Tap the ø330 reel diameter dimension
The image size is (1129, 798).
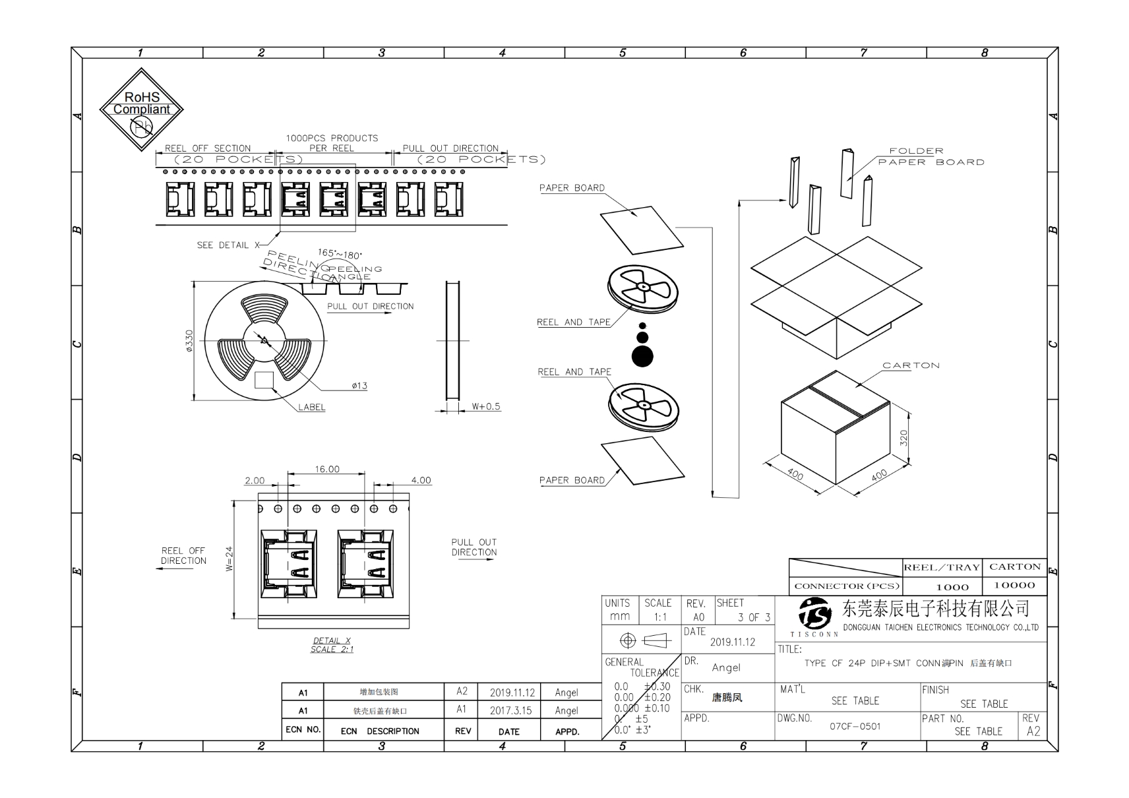coord(190,341)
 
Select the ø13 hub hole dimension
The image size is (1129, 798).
coord(359,386)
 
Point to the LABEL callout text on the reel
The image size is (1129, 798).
coord(311,408)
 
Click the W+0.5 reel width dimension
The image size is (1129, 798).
coord(486,407)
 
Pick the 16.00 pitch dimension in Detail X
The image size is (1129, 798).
coord(327,470)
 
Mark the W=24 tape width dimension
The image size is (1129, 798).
coord(229,559)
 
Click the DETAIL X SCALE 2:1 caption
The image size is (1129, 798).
coord(332,645)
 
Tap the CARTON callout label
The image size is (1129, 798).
coord(911,365)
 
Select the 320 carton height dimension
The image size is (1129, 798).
coord(903,437)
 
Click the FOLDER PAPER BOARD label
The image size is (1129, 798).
coord(931,156)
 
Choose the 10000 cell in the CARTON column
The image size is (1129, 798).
coord(1014,586)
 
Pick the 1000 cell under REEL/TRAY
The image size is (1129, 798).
coord(952,587)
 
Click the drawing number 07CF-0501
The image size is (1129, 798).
coord(855,727)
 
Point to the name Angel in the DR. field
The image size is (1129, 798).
coord(726,667)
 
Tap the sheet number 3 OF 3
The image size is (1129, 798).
coord(754,617)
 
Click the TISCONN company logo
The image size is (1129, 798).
coord(815,615)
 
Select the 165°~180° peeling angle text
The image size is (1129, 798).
coord(340,254)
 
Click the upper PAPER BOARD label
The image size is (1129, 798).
coord(572,188)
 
